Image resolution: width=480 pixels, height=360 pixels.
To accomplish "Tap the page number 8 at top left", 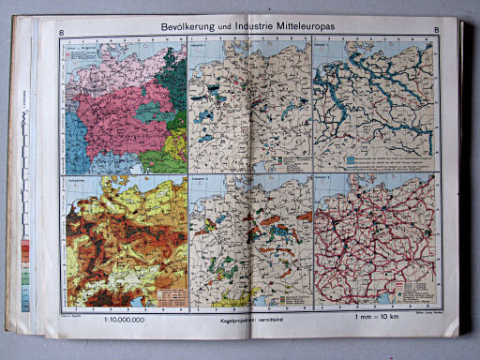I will coord(61,35).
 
